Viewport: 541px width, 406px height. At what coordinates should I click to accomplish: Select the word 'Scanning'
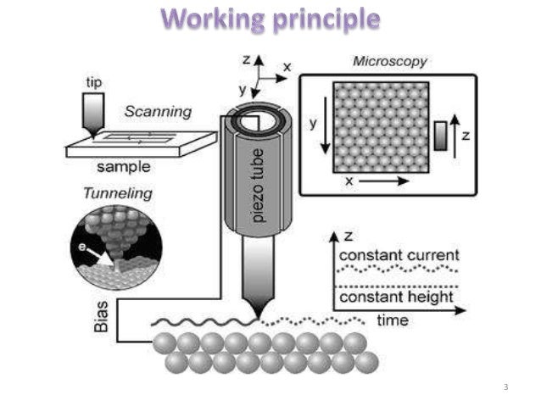pyautogui.click(x=159, y=111)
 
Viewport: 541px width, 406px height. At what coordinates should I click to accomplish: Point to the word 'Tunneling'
pyautogui.click(x=118, y=193)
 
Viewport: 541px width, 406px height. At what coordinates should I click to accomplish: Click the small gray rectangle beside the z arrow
pyautogui.click(x=440, y=135)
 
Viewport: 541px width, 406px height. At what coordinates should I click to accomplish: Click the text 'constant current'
pyautogui.click(x=398, y=255)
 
